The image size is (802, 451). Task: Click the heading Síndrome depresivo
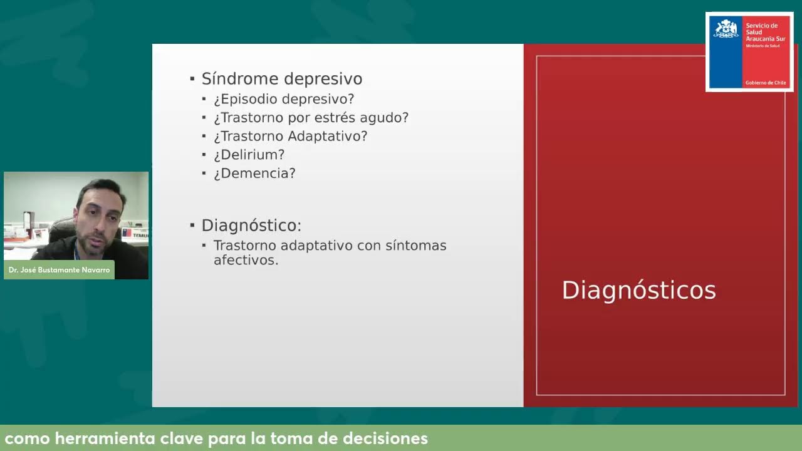(281, 79)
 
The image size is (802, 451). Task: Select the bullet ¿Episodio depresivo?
(284, 99)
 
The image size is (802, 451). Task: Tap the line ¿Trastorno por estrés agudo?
(311, 118)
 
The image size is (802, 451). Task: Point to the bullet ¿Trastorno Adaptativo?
(290, 136)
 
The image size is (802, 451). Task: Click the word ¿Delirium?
(249, 154)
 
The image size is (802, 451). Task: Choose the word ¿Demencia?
(254, 173)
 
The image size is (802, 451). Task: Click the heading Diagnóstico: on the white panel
(251, 225)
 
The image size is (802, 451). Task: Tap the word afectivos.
(246, 260)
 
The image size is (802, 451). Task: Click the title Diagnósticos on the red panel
(638, 291)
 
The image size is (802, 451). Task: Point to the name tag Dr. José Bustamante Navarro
(60, 270)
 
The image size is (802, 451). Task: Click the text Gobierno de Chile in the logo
(765, 83)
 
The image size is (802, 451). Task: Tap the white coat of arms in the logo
(726, 29)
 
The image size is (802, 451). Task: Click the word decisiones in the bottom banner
(385, 438)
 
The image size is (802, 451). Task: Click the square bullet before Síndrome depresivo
(192, 79)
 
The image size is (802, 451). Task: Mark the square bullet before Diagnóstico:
(192, 225)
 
